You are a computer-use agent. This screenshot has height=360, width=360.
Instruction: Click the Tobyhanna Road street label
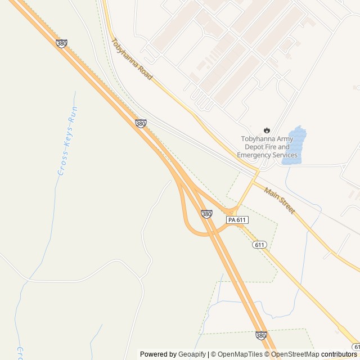click(133, 58)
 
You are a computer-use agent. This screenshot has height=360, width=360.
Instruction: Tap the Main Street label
click(280, 200)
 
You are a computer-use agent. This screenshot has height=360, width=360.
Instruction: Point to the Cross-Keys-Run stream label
click(66, 141)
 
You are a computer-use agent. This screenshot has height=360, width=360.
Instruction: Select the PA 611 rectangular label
click(237, 219)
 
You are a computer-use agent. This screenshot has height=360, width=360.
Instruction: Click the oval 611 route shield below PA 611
click(259, 245)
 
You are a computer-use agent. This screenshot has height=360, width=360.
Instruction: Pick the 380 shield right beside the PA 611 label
click(206, 214)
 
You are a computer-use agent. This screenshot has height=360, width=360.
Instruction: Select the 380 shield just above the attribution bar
click(261, 335)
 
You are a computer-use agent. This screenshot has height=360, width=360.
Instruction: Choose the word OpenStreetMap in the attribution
click(295, 354)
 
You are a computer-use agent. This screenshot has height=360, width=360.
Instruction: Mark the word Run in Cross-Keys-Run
click(72, 115)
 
